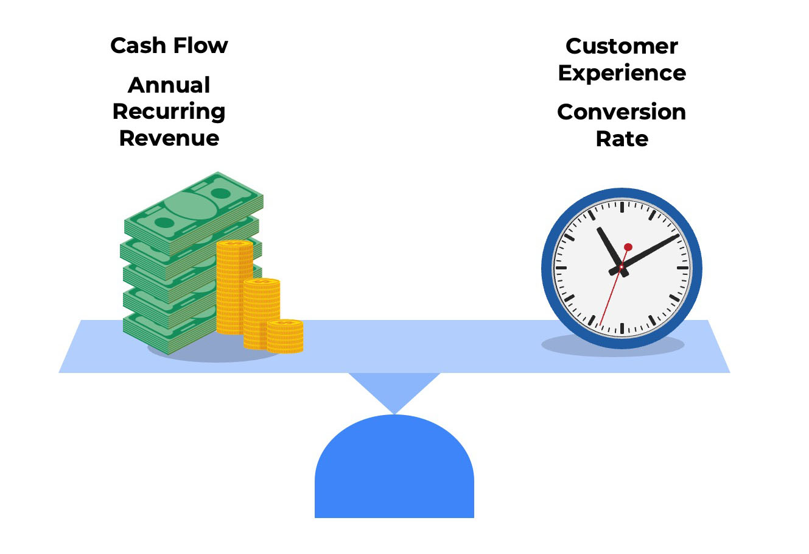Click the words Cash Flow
pos(169,46)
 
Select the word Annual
pos(169,85)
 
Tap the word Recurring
pos(169,112)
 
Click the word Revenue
pos(169,138)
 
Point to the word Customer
pos(622,46)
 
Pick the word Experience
pos(622,73)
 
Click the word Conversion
pos(622,112)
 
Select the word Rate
pos(622,139)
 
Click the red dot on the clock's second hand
pos(628,247)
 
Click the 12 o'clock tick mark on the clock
pos(622,207)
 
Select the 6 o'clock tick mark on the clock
pos(622,328)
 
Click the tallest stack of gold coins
pos(234,286)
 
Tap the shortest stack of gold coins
pos(285,336)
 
